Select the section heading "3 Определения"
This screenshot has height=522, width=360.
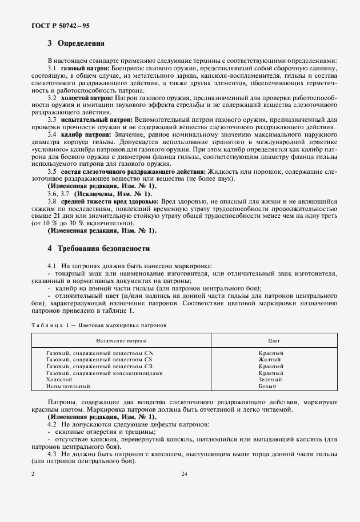pos(75,43)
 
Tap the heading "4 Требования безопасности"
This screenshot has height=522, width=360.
pos(98,249)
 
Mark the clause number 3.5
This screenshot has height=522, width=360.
pos(51,171)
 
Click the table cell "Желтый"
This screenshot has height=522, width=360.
pos(270,360)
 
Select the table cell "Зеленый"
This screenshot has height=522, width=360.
pos(270,380)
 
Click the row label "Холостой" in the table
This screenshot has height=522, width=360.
pos(59,380)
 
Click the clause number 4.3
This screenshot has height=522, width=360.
pos(51,453)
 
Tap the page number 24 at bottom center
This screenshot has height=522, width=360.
pos(184,474)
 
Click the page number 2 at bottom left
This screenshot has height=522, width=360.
pos(33,474)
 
